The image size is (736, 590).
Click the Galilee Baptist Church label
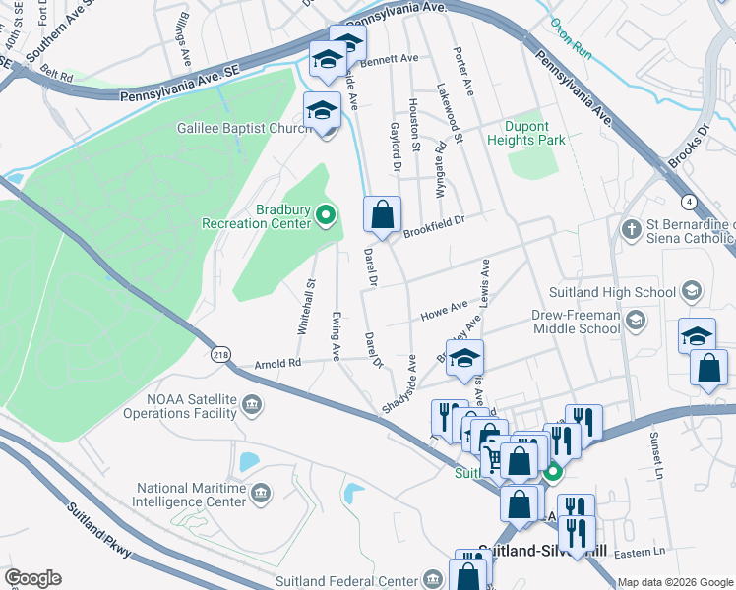(244, 128)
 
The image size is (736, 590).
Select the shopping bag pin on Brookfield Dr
(383, 213)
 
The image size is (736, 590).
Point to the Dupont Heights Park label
(527, 133)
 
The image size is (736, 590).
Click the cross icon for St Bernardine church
(631, 229)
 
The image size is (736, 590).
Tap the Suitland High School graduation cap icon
(692, 291)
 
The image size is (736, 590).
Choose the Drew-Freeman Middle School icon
(635, 319)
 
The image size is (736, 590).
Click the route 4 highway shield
(691, 202)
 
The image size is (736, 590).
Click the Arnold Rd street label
(278, 363)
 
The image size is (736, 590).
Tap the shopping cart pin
(490, 457)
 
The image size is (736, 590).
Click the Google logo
(32, 578)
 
